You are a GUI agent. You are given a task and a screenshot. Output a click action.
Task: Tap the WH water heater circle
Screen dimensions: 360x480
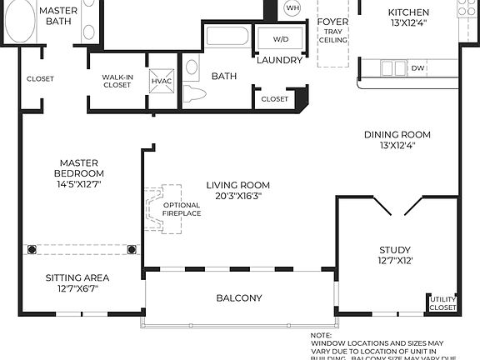pos(292,8)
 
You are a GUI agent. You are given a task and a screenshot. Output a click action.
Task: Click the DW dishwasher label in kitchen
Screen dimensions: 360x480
pos(417,68)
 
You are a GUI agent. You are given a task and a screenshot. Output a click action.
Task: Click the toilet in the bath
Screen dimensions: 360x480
pos(193,92)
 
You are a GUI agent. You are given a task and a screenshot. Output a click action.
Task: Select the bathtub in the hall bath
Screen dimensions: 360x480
pos(227,37)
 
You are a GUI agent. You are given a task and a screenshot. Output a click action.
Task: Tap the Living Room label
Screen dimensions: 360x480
pos(238,185)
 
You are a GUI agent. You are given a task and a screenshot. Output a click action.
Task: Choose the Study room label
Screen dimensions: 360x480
pos(396,249)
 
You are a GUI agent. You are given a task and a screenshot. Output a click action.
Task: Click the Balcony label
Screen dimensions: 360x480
pos(239,297)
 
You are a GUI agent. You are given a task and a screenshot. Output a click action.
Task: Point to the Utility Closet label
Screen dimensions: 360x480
pos(442,302)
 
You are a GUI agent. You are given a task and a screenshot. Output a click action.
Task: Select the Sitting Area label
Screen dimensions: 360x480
pos(77,277)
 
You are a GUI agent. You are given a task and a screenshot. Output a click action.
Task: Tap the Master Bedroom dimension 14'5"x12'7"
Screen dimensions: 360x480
pos(80,183)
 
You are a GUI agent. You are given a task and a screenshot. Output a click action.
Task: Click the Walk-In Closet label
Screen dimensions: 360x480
pos(118,81)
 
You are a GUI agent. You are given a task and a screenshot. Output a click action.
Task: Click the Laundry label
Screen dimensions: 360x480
pos(278,60)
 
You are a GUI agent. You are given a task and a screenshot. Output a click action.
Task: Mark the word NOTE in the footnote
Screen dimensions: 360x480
pos(322,335)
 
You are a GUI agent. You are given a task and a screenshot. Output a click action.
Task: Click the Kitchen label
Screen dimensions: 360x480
pos(409,12)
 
